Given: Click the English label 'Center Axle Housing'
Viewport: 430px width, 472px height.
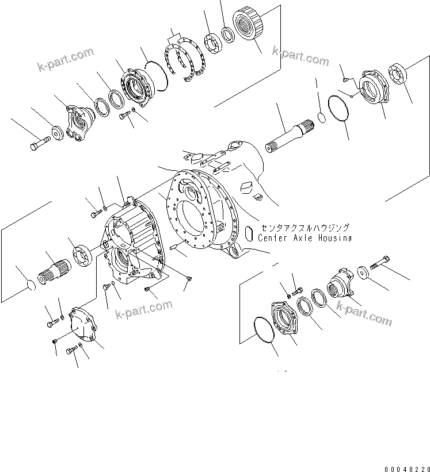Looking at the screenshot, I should coord(305,237).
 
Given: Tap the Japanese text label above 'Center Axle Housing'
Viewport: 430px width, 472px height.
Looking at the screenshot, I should coord(304,228).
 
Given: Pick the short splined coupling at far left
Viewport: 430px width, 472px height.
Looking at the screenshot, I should coord(56,268).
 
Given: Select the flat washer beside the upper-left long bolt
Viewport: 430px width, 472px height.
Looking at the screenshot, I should coord(58,133).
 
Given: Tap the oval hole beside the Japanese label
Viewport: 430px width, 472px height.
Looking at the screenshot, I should coord(249,233).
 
